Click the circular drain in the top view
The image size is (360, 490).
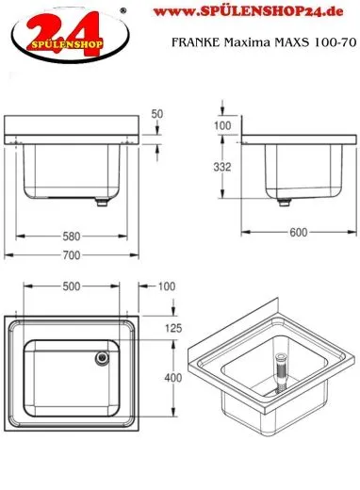point(100,357)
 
